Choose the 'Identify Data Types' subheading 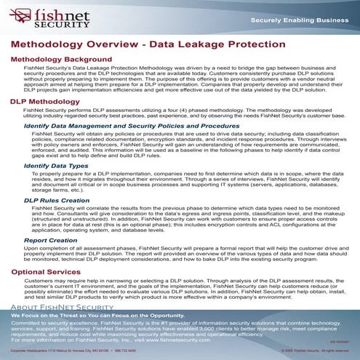pyautogui.click(x=52, y=166)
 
